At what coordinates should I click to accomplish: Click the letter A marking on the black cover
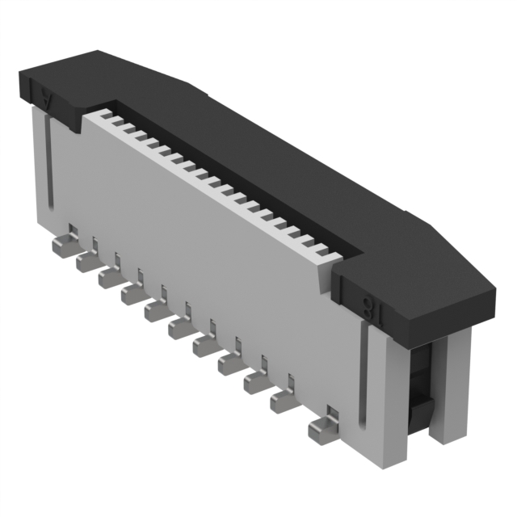click(x=47, y=101)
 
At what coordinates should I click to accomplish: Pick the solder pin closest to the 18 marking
click(x=321, y=430)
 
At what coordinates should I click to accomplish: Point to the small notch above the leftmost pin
click(x=72, y=230)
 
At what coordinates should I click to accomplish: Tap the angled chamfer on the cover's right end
click(x=452, y=246)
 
